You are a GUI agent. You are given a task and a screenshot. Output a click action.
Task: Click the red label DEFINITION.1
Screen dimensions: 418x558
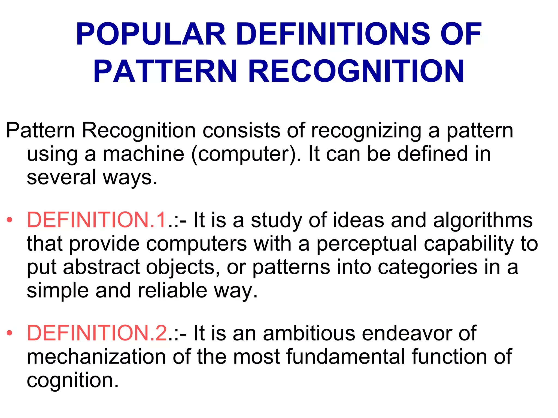[97, 220]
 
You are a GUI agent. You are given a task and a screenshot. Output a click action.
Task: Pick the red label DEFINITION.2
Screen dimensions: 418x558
[97, 333]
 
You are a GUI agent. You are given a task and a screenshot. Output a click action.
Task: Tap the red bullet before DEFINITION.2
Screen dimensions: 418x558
[10, 333]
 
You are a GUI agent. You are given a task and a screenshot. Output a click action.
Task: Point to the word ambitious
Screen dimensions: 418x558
[309, 333]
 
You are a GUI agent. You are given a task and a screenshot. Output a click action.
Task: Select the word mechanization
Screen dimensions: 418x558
[96, 356]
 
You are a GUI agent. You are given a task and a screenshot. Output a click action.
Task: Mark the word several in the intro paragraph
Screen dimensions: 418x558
[62, 177]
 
